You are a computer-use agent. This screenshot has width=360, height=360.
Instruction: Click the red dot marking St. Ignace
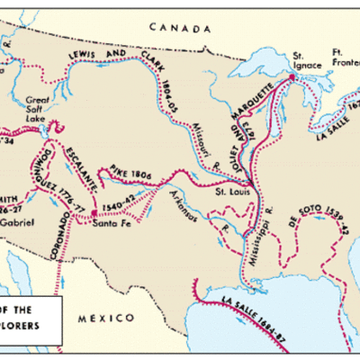pyautogui.click(x=291, y=78)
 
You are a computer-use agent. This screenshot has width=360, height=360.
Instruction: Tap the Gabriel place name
pyautogui.click(x=16, y=220)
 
